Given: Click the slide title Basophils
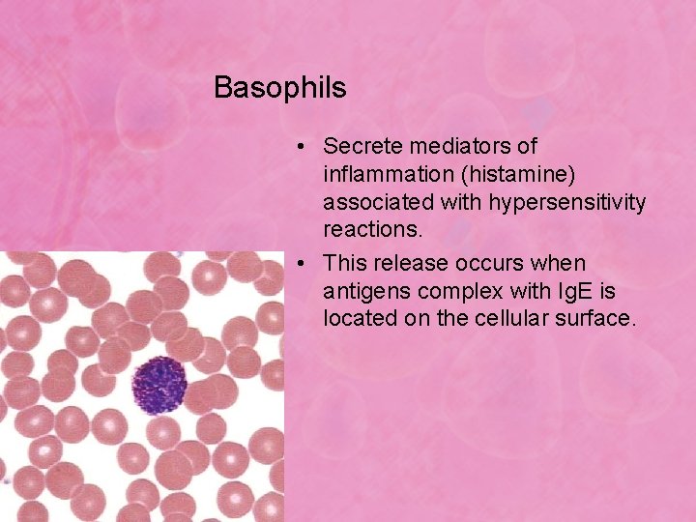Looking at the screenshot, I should (x=279, y=88).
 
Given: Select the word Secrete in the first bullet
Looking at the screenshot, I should (x=360, y=146).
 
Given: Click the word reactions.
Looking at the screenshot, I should (x=372, y=232).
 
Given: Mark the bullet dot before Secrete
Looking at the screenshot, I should (x=303, y=147).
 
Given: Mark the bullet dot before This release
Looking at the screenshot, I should (x=303, y=263).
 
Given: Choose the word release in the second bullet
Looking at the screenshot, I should (x=409, y=263).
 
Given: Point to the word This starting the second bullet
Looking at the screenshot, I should (x=345, y=263).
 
